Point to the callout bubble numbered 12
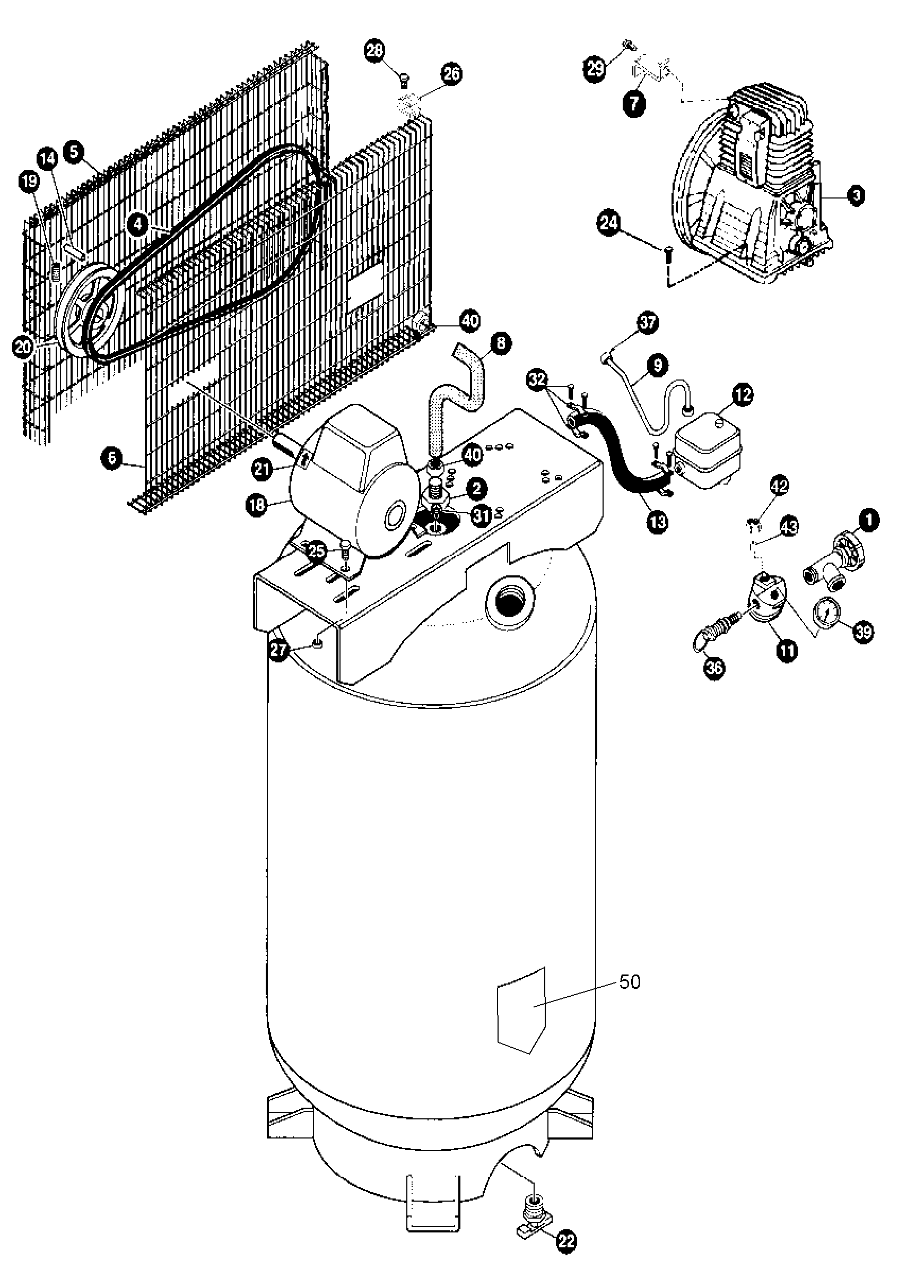click(x=743, y=394)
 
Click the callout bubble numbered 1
click(x=869, y=521)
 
